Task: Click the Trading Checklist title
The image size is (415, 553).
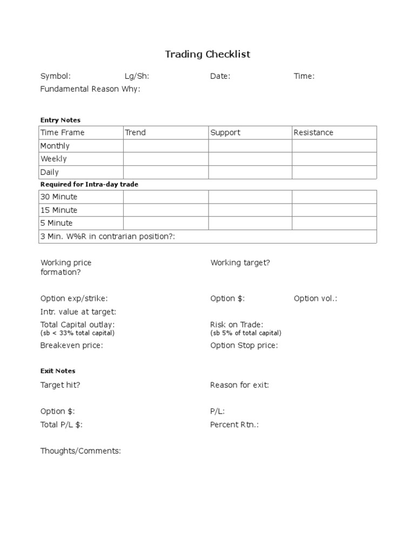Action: click(207, 55)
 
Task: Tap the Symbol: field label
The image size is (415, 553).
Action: click(56, 76)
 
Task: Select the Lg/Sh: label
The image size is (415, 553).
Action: click(137, 76)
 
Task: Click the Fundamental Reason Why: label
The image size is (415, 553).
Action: click(90, 89)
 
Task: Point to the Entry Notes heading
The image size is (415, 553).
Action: click(61, 120)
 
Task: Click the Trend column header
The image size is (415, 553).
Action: click(136, 132)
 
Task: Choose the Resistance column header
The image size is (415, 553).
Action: click(313, 132)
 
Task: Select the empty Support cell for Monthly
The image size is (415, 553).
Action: click(250, 146)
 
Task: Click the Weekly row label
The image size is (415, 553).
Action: click(54, 159)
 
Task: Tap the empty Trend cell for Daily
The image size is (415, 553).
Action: click(166, 172)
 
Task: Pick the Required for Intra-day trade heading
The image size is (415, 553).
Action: click(89, 185)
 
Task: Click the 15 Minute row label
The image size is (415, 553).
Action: click(59, 210)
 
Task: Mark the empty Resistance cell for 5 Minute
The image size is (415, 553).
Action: click(334, 223)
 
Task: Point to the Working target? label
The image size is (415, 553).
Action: click(240, 262)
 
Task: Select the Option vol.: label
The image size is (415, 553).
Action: click(316, 298)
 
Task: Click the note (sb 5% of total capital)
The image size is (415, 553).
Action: click(245, 333)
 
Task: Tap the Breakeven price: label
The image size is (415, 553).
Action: click(71, 345)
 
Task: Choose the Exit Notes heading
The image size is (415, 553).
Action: click(58, 371)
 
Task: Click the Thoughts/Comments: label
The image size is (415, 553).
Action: click(81, 451)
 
